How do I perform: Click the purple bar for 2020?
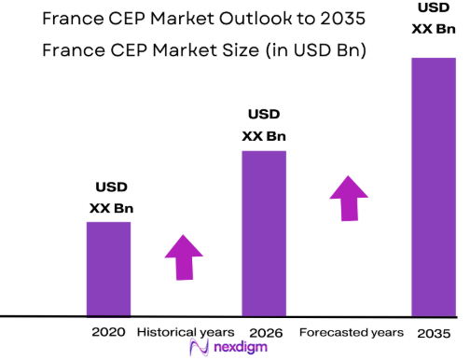point(109,269)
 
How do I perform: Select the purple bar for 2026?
point(264,232)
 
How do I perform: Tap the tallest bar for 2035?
point(434,187)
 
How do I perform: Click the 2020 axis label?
point(108,332)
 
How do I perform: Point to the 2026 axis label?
point(266,332)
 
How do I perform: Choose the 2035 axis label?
point(434,332)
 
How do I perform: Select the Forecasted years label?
point(352,332)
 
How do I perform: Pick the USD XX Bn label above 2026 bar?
point(264,125)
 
